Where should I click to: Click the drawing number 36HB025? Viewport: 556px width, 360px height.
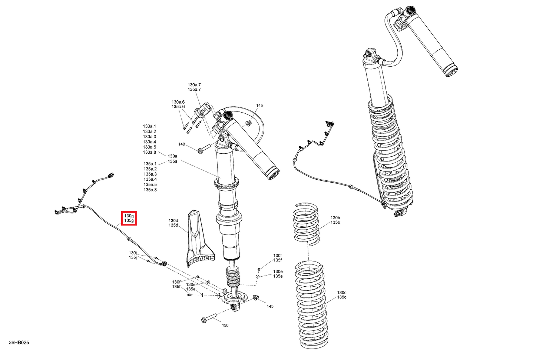point(19,342)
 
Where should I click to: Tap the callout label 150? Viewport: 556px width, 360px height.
point(225,325)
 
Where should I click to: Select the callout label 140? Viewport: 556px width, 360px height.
point(182,144)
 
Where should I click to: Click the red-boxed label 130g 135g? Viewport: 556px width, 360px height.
point(129,218)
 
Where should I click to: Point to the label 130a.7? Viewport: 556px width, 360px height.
point(194,85)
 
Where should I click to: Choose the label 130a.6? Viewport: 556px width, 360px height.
point(178,102)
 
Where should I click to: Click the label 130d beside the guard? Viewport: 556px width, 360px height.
point(173,220)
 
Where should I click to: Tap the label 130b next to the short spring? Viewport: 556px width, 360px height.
point(335,218)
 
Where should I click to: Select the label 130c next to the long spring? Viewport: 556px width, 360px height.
point(342,293)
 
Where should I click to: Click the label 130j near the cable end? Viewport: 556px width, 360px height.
point(133,253)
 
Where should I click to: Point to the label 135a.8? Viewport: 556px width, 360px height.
point(150,190)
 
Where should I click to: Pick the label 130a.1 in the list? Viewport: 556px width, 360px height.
point(149,126)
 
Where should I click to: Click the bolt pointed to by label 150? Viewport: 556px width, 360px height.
point(209,318)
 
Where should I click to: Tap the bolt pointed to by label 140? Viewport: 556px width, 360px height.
point(204,148)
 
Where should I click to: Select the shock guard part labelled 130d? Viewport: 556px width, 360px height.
point(200,239)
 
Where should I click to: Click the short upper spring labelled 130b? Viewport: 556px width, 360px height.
point(306,224)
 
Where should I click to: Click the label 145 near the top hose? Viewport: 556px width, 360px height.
point(259,106)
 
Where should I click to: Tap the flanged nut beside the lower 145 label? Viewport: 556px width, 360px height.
point(255,297)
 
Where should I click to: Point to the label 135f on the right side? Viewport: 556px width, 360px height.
point(278,260)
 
